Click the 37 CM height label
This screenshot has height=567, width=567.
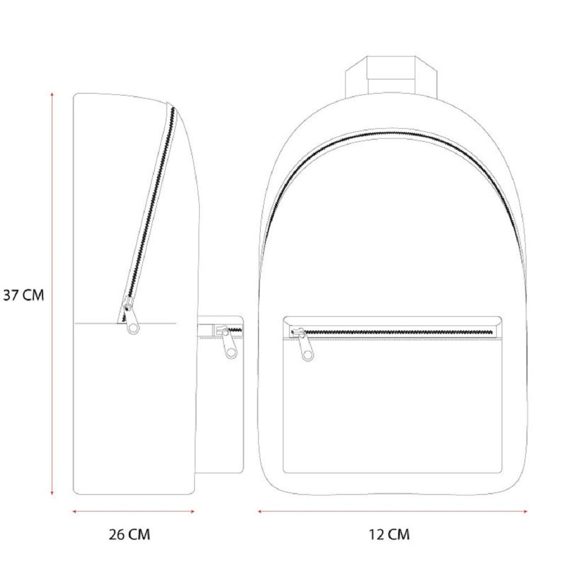pos(24,295)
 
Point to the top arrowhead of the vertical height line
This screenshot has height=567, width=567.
pos(52,94)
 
